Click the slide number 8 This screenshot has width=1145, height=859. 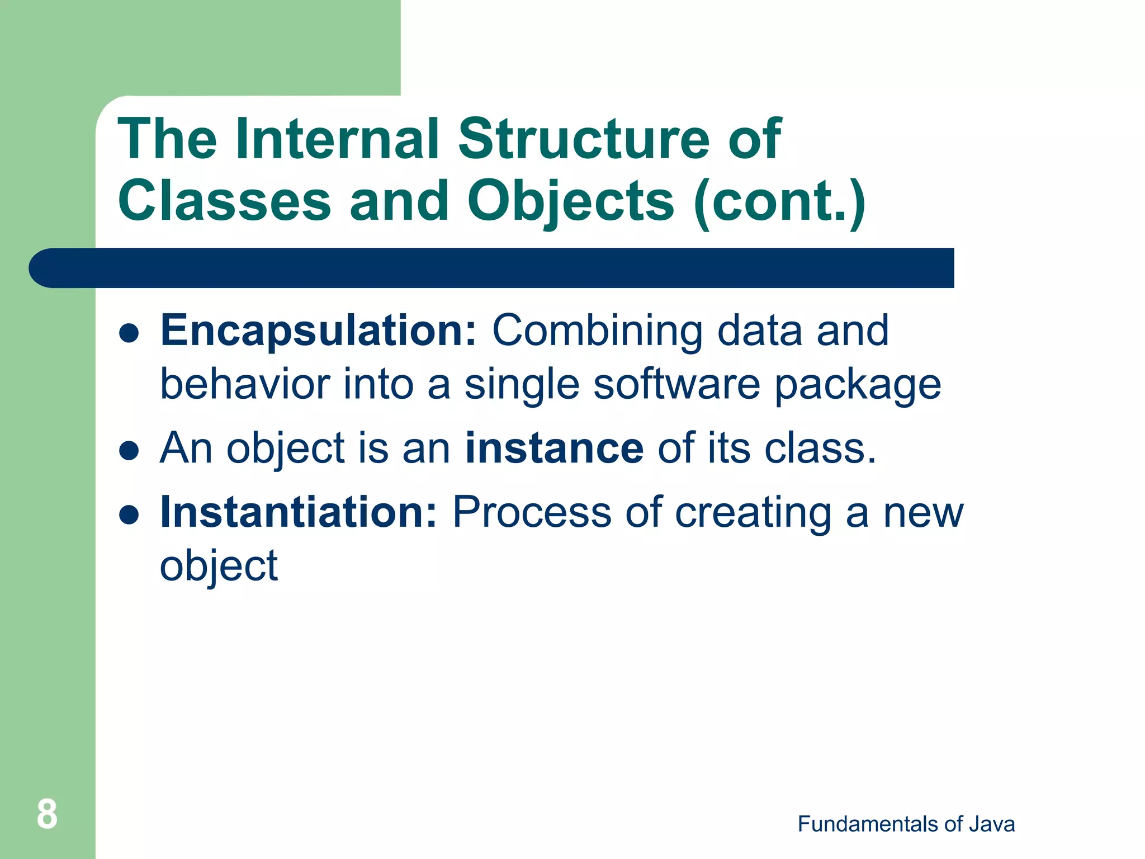[47, 814]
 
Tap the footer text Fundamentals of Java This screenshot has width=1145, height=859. [906, 824]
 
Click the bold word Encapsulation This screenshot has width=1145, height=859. [318, 331]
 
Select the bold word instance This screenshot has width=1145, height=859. [554, 449]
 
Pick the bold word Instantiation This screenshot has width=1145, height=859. [298, 512]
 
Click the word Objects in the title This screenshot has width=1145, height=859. [571, 201]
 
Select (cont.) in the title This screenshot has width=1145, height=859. [779, 201]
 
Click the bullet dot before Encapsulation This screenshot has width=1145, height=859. [129, 333]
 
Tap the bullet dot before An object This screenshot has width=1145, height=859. [129, 451]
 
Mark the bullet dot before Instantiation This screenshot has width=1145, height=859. [129, 515]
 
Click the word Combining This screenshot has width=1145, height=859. [597, 332]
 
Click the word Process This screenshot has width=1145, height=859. [532, 512]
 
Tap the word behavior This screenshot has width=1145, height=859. [245, 385]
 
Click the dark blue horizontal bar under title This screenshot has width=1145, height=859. [492, 268]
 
